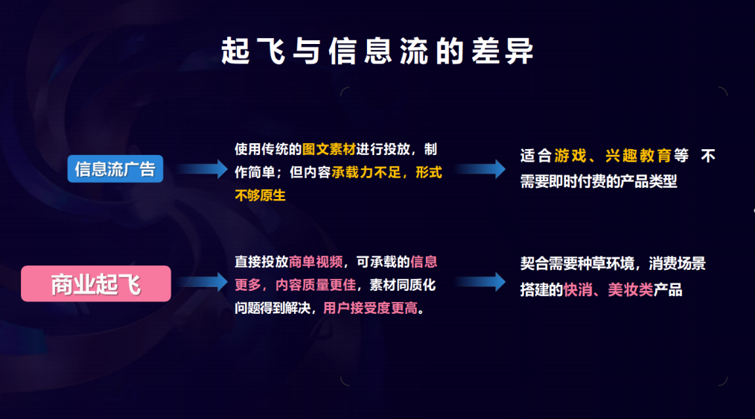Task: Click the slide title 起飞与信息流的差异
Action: (377, 51)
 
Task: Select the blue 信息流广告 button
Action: (115, 169)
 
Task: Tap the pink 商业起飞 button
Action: (96, 283)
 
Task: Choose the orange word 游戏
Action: (570, 156)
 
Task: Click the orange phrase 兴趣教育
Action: (637, 156)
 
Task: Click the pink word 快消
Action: (578, 290)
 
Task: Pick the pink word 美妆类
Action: (630, 290)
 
